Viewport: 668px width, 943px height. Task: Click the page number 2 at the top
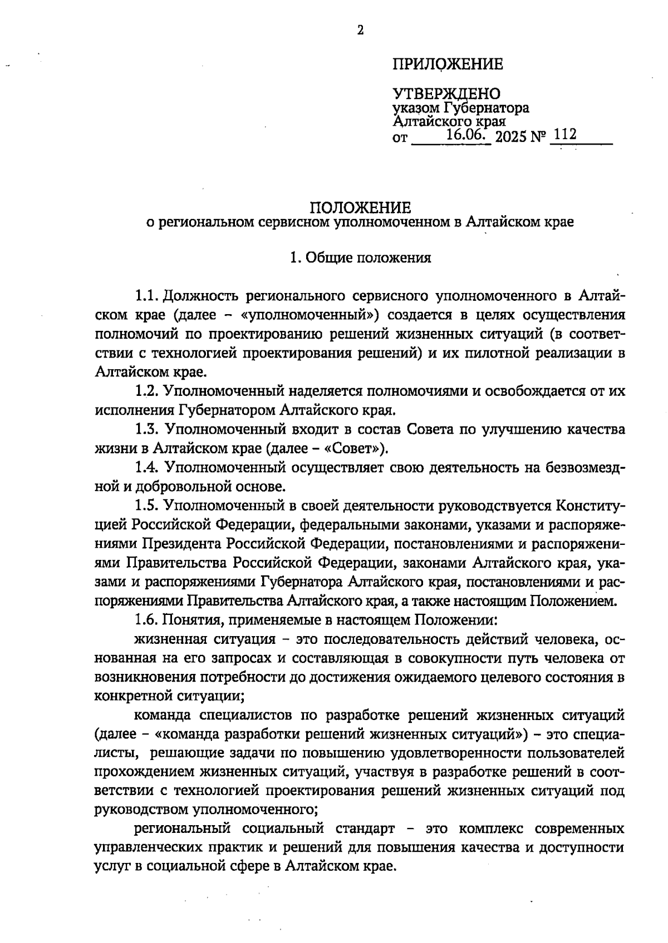[x=360, y=31]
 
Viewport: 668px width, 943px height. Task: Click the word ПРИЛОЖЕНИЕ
[x=448, y=64]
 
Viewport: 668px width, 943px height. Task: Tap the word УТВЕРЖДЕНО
[x=446, y=94]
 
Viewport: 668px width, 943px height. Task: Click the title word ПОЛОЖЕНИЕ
[x=360, y=208]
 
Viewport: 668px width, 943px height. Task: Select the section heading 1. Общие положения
[x=360, y=258]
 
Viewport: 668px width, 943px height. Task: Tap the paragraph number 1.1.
[x=148, y=294]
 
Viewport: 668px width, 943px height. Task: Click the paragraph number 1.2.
[x=148, y=391]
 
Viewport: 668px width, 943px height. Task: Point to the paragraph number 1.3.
[x=148, y=429]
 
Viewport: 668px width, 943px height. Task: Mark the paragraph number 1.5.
[x=148, y=506]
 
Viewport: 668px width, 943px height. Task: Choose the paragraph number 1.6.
[x=148, y=619]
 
